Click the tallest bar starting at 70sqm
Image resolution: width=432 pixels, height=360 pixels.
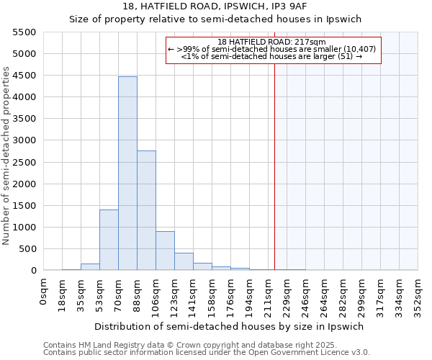(127, 173)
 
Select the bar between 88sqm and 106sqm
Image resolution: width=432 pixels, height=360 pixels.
(146, 210)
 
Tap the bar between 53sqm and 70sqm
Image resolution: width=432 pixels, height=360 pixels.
(109, 240)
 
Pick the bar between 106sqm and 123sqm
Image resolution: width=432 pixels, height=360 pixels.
(165, 251)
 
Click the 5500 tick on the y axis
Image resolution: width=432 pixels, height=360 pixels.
(24, 32)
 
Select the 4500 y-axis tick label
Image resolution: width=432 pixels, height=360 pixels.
(24, 76)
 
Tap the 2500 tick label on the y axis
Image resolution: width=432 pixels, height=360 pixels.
(24, 162)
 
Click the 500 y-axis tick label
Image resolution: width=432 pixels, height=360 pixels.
(27, 249)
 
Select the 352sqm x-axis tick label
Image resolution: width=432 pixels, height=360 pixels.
(419, 292)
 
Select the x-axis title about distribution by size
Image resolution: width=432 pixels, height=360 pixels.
(230, 326)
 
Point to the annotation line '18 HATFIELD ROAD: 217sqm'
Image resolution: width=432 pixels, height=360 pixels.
(272, 42)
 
